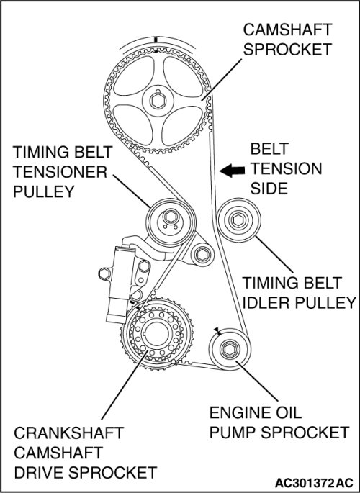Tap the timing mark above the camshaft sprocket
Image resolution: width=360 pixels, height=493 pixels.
tap(156, 40)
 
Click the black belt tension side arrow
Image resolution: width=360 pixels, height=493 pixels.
tap(232, 171)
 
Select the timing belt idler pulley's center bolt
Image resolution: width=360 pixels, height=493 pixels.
tap(238, 220)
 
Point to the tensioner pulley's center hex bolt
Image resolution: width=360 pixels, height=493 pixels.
tap(170, 217)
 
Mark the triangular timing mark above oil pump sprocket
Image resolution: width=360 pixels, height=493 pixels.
tap(217, 330)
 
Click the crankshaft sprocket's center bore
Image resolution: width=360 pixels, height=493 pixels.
tap(156, 335)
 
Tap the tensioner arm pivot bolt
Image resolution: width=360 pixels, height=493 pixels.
tap(202, 254)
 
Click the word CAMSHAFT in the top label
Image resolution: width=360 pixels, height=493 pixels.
tap(287, 30)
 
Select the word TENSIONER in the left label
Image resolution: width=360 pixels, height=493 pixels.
tap(60, 172)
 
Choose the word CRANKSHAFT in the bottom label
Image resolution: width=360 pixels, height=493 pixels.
tap(69, 433)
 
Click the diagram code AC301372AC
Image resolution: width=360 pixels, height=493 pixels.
tap(314, 483)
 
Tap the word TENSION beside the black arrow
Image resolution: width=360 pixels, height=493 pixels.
tap(286, 169)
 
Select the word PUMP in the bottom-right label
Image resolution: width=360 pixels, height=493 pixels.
tap(233, 433)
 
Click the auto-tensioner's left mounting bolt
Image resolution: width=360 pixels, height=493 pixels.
tap(104, 273)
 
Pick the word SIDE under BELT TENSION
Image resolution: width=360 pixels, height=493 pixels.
tap(269, 189)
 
